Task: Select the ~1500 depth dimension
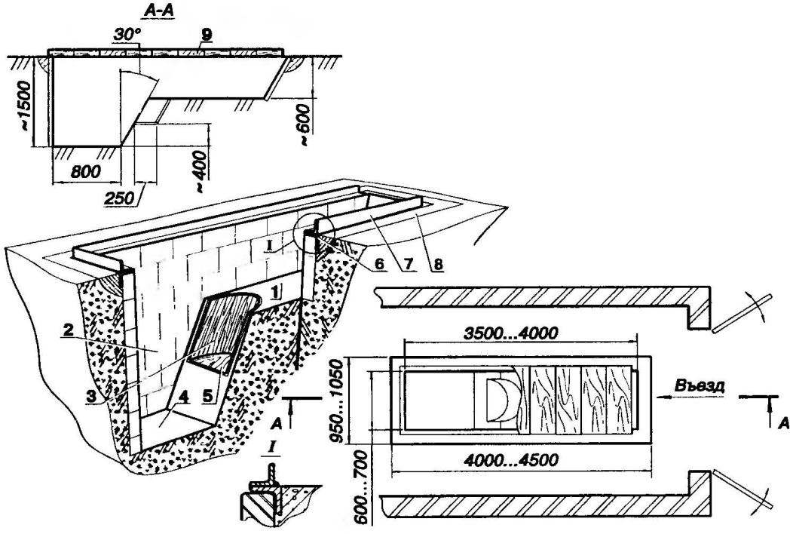[x=24, y=105]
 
